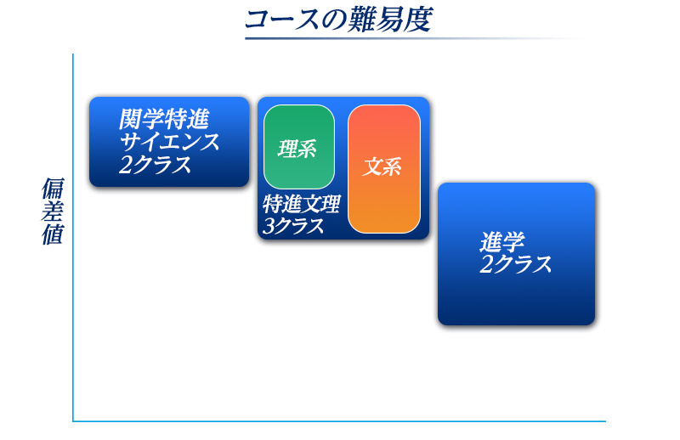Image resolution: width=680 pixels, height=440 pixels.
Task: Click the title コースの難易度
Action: coord(338,20)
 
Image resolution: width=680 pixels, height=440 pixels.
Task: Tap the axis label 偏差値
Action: coord(53,211)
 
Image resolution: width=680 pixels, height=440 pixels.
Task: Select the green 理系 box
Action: coord(299,147)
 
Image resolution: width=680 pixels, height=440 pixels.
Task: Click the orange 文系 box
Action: coord(384,169)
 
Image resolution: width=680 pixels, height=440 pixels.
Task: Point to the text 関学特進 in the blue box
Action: coord(164,119)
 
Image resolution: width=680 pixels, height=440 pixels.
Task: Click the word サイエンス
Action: coord(169,142)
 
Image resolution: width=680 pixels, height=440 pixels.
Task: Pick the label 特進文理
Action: coord(302,204)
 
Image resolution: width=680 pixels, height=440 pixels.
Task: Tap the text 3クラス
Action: coord(293,226)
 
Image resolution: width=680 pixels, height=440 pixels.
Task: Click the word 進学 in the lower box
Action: coord(502,242)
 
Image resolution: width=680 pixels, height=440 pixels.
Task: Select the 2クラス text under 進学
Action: coord(516,264)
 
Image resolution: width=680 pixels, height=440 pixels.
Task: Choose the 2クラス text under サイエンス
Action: coord(156,164)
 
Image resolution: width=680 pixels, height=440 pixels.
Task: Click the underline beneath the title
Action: coord(414,38)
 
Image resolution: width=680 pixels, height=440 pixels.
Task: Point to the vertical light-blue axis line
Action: coord(73,237)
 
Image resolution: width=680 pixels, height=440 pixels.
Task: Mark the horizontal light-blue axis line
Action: coord(339,421)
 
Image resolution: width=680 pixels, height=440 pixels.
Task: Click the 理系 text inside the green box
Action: coord(297,149)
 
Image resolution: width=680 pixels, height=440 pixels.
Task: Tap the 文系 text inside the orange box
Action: coord(382,166)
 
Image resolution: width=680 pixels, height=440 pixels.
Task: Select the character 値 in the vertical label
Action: coord(53,234)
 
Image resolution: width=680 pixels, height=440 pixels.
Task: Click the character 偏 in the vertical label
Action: coord(54,188)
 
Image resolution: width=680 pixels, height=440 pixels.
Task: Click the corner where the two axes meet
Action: coord(73,421)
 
